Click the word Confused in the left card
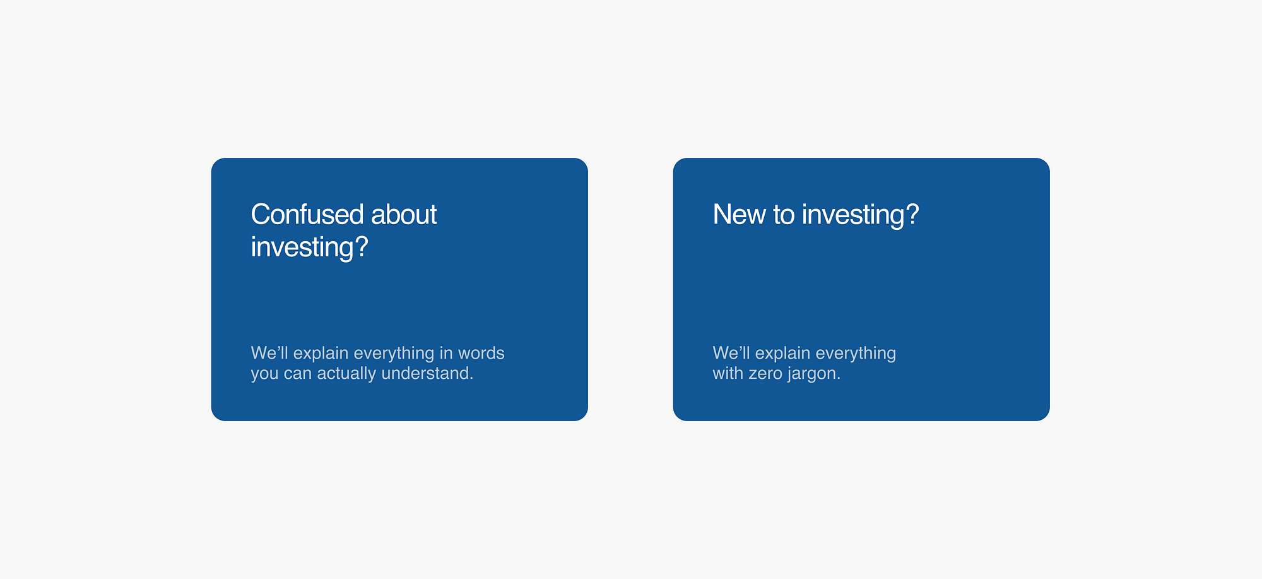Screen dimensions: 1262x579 point(307,215)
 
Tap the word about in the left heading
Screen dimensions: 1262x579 point(404,215)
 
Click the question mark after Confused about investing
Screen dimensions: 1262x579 point(362,246)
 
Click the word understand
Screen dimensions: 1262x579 point(427,373)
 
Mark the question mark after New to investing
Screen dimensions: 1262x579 point(912,214)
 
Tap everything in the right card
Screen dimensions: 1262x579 point(856,354)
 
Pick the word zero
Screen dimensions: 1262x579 point(765,374)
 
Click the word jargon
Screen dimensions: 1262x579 point(813,374)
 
